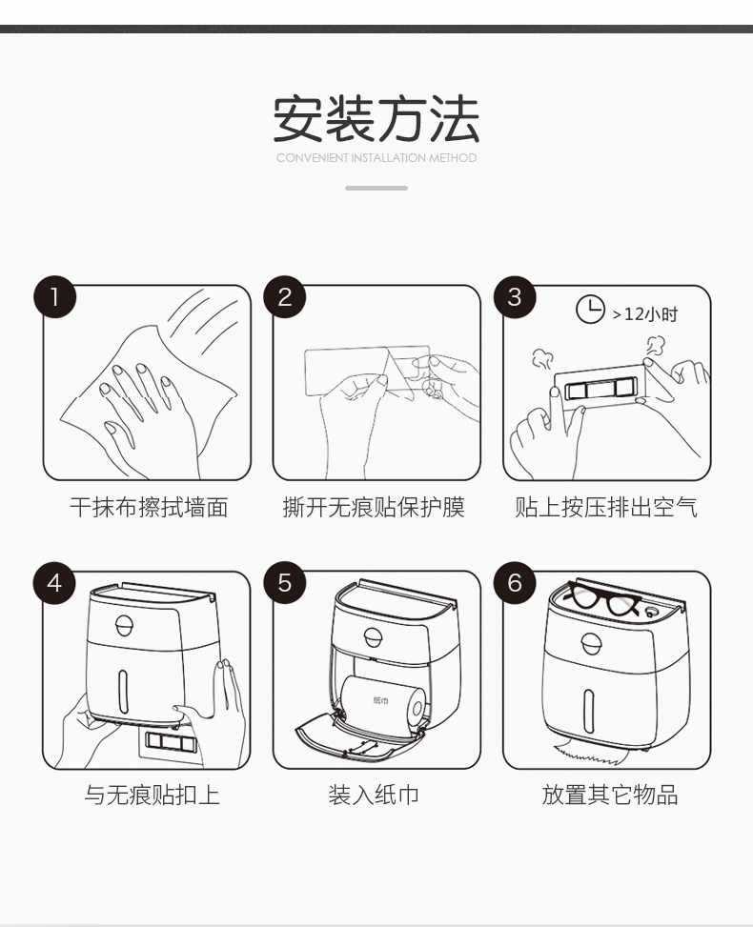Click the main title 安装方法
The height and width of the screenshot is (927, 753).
pos(376,119)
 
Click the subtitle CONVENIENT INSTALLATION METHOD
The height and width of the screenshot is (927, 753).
pos(376,158)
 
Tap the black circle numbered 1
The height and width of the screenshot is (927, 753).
pos(55,297)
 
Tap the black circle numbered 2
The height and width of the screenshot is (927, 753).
pos(284,297)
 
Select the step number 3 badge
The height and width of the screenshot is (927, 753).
pos(515,297)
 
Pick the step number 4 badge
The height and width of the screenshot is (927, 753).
pos(54,583)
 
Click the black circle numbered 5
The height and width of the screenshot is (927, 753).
pos(284,583)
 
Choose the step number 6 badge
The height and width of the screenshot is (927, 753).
pos(515,583)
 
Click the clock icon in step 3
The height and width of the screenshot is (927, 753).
pos(590,310)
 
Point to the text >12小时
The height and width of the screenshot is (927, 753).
pos(644,314)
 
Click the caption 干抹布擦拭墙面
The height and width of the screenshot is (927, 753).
pos(149,507)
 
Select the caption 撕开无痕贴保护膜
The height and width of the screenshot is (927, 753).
pos(374,507)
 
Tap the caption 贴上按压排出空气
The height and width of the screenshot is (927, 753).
pos(606,507)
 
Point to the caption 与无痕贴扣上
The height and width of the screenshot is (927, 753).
pos(152,795)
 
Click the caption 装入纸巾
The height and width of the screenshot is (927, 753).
pos(374,795)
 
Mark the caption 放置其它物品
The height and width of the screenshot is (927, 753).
pos(610,795)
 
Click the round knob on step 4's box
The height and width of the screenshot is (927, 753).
pos(124,626)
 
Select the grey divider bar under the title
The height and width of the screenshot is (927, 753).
pos(376,188)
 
